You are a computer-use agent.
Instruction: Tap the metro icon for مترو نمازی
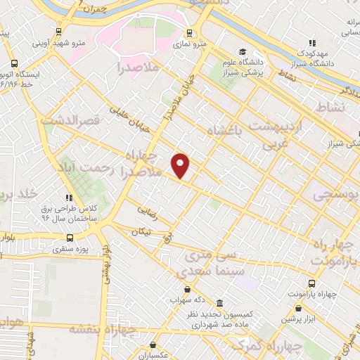188,33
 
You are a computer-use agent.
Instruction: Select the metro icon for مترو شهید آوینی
57,31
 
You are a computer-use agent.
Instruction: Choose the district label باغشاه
224,129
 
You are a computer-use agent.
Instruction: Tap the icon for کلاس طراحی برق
69,198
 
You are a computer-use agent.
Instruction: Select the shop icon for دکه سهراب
186,288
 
